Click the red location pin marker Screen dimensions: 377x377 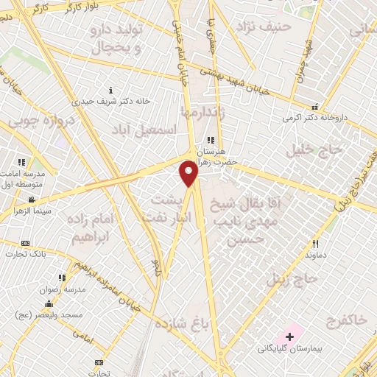coord(189,174)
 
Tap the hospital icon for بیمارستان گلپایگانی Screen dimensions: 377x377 coord(289,337)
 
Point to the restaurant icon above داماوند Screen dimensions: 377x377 coord(316,243)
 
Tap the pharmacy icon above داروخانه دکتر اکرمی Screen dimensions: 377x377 coord(315,106)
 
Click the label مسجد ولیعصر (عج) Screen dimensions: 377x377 coord(46,315)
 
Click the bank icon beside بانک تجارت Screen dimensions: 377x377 coord(26,244)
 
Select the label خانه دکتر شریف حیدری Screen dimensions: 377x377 coord(110,100)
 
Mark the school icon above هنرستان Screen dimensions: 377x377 coord(210,140)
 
